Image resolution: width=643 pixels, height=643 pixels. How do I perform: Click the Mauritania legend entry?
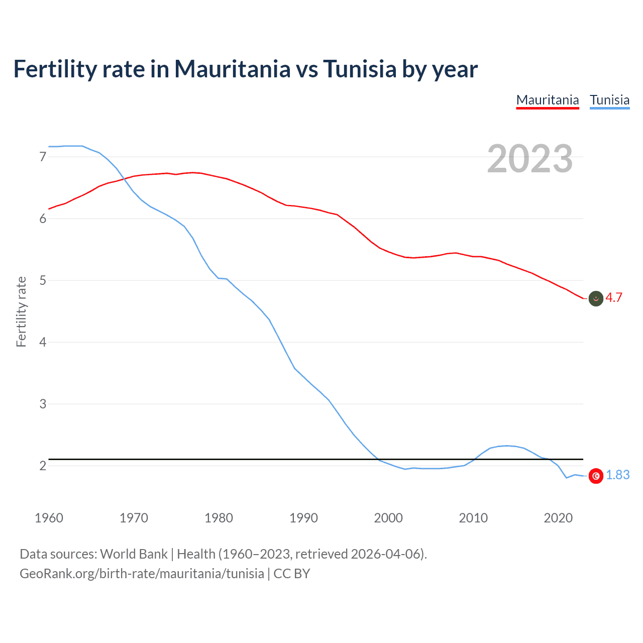point(548,100)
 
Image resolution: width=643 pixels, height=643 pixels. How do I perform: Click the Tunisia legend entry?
point(609,100)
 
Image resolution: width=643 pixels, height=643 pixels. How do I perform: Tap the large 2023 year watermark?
point(529,159)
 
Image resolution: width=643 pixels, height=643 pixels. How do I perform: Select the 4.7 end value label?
point(614,297)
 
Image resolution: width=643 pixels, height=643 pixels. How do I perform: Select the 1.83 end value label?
point(617,475)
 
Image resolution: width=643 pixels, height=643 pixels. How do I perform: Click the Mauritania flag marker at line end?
point(596,298)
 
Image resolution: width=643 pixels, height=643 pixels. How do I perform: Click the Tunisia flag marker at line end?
point(596,476)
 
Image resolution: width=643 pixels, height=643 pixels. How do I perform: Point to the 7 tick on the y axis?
point(43,157)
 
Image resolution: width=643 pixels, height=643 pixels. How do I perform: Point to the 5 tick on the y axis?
point(43,280)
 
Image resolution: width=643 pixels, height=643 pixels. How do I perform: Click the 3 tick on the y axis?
point(43,404)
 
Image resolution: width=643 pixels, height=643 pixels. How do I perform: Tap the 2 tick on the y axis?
point(43,466)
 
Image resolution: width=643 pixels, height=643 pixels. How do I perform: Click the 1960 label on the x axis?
point(49,518)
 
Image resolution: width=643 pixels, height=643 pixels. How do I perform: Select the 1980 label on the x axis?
point(219,518)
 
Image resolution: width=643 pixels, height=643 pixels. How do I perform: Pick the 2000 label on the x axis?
point(388,518)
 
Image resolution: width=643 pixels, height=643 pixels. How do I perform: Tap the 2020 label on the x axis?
point(558,518)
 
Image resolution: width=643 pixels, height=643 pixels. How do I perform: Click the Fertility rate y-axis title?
point(21,311)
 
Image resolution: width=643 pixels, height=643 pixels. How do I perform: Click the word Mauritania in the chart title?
point(232,69)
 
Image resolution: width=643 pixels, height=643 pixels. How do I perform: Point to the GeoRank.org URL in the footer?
point(142,574)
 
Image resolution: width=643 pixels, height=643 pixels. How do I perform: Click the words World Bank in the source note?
point(134,554)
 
